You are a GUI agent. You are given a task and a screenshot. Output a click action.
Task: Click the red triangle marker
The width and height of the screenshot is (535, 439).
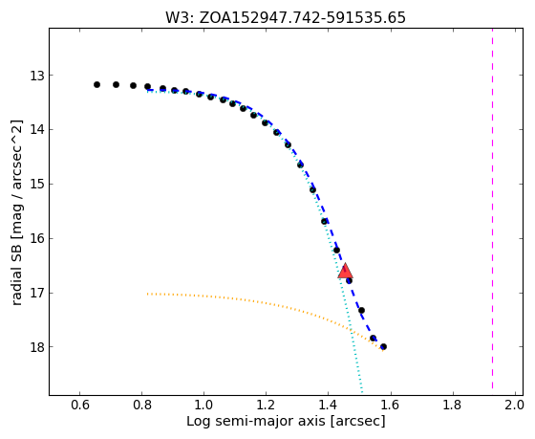pyautogui.click(x=345, y=271)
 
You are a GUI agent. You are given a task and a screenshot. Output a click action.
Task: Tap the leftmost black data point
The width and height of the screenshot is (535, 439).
pyautogui.click(x=96, y=84)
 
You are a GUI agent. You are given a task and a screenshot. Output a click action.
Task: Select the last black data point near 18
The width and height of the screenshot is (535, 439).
pyautogui.click(x=383, y=346)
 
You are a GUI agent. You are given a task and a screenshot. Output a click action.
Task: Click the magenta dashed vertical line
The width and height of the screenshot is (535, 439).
pyautogui.click(x=492, y=209)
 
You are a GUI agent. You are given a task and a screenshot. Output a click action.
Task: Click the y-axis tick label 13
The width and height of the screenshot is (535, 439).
pyautogui.click(x=37, y=76)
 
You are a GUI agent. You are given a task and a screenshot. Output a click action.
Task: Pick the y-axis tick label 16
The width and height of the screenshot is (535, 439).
pyautogui.click(x=37, y=238)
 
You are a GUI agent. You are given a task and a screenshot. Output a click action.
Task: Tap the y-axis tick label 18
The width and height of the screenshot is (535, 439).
pyautogui.click(x=37, y=347)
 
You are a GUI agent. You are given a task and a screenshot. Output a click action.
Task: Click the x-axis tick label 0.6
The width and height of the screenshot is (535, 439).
pyautogui.click(x=80, y=405)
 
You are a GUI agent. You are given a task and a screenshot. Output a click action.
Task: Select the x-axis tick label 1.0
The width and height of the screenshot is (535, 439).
pyautogui.click(x=203, y=405)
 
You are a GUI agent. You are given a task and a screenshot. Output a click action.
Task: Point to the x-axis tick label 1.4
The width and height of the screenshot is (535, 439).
pyautogui.click(x=328, y=405)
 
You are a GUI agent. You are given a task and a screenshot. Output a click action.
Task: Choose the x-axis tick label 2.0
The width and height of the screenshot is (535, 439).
pyautogui.click(x=514, y=405)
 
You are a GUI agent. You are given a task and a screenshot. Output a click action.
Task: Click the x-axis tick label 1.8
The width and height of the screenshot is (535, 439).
pyautogui.click(x=452, y=405)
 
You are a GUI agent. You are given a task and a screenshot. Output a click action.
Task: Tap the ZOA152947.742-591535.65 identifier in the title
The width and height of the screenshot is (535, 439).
pyautogui.click(x=302, y=18)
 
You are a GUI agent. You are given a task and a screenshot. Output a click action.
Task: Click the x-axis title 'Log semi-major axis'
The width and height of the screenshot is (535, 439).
pyautogui.click(x=256, y=422)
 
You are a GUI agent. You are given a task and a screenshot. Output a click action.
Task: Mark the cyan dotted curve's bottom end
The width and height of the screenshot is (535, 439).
pyautogui.click(x=362, y=392)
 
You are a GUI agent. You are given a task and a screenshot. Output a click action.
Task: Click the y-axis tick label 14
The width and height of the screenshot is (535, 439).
pyautogui.click(x=37, y=130)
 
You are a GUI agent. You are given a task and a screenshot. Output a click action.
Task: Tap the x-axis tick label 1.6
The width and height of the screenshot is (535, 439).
pyautogui.click(x=390, y=405)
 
